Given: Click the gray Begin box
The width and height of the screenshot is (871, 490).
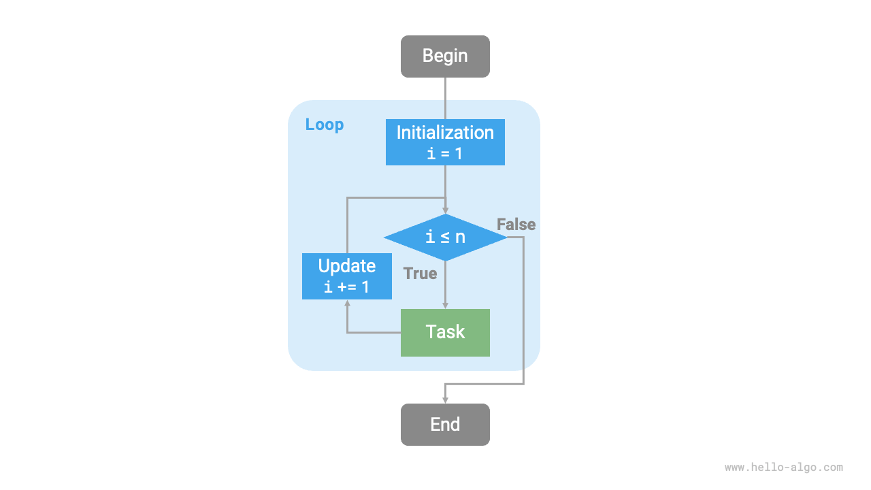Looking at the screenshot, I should pos(445,56).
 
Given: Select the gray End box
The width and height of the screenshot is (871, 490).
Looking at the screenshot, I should pos(445,425).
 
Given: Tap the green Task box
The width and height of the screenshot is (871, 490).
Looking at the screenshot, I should pos(445,333).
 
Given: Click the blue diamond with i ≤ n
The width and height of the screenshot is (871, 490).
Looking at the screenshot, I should pos(445,238).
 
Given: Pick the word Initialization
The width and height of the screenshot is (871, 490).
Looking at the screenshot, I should pos(445,133).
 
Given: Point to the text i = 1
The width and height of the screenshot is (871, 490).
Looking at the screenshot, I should pos(445,154).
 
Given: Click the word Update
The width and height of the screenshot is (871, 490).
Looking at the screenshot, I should pos(347,266).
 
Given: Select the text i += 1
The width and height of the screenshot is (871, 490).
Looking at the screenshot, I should pos(347,287).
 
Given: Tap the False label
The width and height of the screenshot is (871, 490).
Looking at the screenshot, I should pos(516,225).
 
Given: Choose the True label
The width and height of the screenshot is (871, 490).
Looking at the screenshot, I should pos(420,274).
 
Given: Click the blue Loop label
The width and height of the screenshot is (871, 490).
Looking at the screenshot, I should pos(325,125).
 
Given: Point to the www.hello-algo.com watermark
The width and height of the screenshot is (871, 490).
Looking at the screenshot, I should pos(783,468).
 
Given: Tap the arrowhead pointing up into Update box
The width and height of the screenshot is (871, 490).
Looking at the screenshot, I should pos(347,304).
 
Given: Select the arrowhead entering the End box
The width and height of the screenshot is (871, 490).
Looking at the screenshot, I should pos(445,399).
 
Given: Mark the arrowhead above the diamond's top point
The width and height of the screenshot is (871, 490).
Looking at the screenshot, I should pos(445,210).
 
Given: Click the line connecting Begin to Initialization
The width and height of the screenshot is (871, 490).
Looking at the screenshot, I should pos(445,98).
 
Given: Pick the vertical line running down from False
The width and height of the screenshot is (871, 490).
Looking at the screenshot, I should pos(524,313).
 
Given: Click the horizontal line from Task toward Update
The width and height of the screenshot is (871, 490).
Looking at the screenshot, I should pos(374,333).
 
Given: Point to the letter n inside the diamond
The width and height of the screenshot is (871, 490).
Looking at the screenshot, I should pos(461,238).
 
